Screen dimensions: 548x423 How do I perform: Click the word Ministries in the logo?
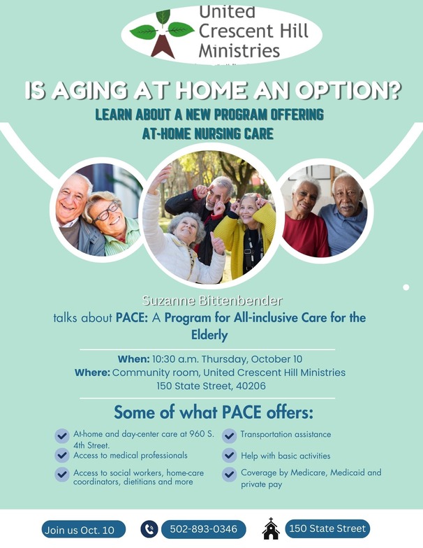(239, 50)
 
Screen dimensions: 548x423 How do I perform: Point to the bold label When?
(133, 359)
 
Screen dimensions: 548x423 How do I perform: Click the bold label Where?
(92, 373)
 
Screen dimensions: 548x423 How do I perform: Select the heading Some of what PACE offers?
(214, 411)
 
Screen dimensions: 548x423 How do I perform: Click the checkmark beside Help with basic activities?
(229, 456)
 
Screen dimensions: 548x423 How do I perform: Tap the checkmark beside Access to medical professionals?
(62, 456)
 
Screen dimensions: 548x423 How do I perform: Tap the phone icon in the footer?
(149, 529)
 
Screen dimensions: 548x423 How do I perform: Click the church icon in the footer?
(271, 529)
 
